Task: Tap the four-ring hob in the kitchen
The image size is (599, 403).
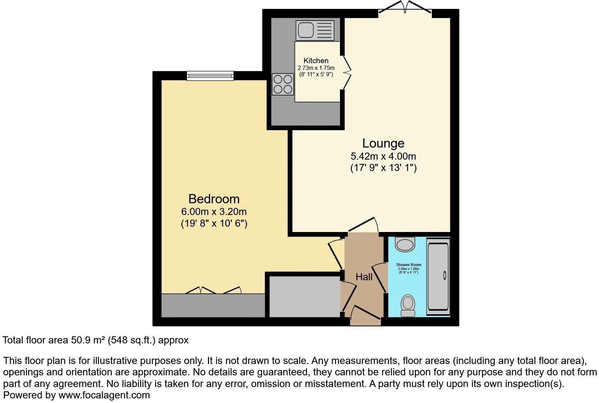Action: click(x=283, y=84)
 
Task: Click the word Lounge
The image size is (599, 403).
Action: click(x=383, y=143)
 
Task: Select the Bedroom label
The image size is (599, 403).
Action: click(x=214, y=199)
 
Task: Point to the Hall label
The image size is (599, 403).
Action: click(x=364, y=277)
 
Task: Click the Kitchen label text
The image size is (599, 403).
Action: click(x=316, y=61)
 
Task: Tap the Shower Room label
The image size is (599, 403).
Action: click(x=408, y=265)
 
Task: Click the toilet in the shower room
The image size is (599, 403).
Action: click(x=408, y=305)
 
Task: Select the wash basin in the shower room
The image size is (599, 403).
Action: click(x=405, y=244)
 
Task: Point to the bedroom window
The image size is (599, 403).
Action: click(x=210, y=76)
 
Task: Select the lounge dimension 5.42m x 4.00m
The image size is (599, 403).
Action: click(x=383, y=156)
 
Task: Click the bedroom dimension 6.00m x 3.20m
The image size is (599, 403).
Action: click(x=214, y=212)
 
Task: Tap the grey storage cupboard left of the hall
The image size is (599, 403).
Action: click(x=304, y=297)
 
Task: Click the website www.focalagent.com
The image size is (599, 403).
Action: click(x=104, y=395)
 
